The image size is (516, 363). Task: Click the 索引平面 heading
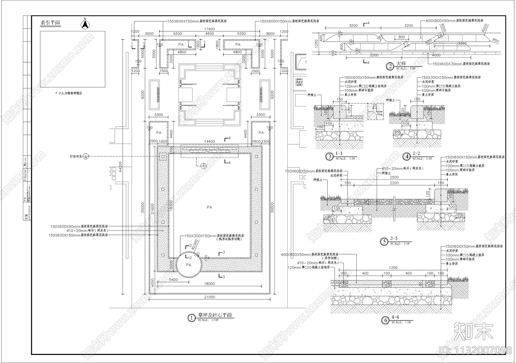click(x=50, y=23)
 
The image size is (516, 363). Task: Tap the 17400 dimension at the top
click(x=209, y=29)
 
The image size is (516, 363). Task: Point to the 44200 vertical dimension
click(x=120, y=166)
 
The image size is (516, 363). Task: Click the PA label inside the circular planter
click(x=189, y=265)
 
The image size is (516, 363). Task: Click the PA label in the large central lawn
click(x=209, y=207)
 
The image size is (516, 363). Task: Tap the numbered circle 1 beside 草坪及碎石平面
click(x=192, y=318)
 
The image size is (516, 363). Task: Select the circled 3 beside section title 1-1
click(x=329, y=157)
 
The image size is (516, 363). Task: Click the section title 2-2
click(x=416, y=154)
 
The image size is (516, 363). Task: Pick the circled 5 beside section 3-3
click(x=384, y=242)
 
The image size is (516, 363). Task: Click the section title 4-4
click(x=395, y=318)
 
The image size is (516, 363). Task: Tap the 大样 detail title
click(x=401, y=64)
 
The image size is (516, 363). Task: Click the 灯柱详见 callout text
click(x=76, y=156)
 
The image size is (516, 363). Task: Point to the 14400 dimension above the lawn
click(x=209, y=142)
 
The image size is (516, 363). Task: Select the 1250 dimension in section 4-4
click(x=393, y=267)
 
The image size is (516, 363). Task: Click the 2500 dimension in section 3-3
click(x=394, y=177)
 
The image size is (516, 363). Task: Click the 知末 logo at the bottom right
click(x=473, y=330)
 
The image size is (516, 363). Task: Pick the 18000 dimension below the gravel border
click(x=209, y=284)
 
